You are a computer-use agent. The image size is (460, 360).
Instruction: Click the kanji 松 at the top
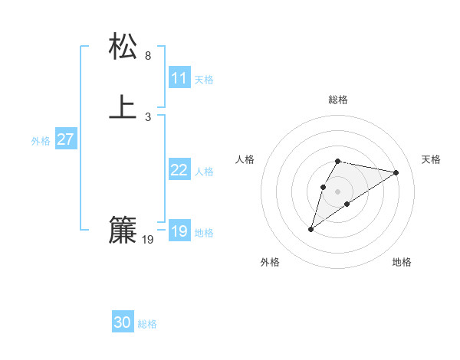[x=123, y=47]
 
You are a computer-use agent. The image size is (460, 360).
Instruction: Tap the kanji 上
[x=123, y=107]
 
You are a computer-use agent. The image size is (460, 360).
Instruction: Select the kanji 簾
[x=123, y=230]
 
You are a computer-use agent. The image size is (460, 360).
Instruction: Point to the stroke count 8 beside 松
[x=148, y=56]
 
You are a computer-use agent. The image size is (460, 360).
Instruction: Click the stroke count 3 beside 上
[x=148, y=116]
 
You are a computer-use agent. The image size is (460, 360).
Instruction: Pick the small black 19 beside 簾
[x=148, y=240]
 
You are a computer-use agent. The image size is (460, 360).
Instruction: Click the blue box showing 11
[x=179, y=78]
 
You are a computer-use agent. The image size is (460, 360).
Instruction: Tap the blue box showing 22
[x=179, y=170]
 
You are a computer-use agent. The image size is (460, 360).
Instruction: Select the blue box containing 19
[x=179, y=231]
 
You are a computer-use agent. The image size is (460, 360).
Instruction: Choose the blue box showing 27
[x=66, y=139]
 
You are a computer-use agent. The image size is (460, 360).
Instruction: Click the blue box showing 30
[x=123, y=322]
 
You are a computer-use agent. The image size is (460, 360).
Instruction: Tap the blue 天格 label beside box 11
[x=204, y=80]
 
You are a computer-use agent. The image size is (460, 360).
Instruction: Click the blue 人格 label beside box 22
[x=204, y=172]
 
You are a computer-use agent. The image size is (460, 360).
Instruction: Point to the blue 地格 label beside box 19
[x=204, y=233]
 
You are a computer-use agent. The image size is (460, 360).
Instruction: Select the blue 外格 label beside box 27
[x=41, y=141]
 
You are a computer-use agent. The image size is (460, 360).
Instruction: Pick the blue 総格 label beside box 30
[x=147, y=324]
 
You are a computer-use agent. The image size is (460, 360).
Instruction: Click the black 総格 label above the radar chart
[x=338, y=100]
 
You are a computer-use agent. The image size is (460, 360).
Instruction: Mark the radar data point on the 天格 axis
[x=396, y=172]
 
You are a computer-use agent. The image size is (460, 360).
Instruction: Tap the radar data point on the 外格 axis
[x=310, y=229]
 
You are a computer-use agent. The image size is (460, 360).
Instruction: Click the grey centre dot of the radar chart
[x=338, y=191]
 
